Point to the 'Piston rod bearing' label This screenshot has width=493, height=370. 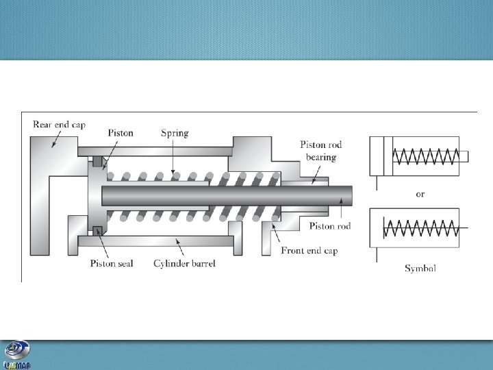coord(320,151)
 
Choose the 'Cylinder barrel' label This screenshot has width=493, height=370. coord(184,263)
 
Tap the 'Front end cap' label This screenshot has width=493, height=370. coord(309,251)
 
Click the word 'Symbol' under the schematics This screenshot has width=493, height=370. coord(420,268)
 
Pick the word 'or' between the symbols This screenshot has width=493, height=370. coord(420,194)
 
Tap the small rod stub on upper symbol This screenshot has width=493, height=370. coord(464,156)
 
